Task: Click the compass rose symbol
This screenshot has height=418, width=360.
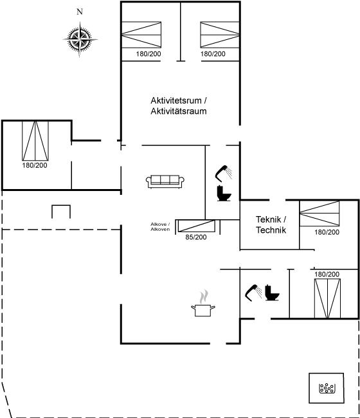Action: [80, 40]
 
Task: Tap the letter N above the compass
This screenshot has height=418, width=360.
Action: [80, 12]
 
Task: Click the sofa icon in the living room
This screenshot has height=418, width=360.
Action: [165, 181]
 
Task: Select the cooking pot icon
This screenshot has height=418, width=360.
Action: [203, 304]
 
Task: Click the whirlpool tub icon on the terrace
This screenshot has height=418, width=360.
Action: [327, 388]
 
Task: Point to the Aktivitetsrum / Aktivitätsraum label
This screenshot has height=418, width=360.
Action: [179, 106]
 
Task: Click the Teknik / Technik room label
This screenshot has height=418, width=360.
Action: [271, 224]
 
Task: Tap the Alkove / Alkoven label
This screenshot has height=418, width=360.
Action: [160, 227]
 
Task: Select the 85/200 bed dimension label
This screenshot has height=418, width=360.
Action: [196, 237]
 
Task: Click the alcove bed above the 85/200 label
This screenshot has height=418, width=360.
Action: [196, 226]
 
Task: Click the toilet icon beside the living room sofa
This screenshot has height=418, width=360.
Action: [224, 194]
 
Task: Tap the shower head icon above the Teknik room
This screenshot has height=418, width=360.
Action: [224, 174]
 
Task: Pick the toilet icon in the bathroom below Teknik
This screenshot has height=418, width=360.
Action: [272, 293]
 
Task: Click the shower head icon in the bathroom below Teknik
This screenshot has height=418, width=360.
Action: [253, 293]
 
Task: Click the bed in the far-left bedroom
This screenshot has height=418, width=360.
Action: [35, 141]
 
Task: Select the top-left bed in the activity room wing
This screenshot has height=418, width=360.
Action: [141, 35]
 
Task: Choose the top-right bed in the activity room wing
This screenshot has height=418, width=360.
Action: [220, 35]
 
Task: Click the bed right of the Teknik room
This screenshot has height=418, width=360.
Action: [319, 214]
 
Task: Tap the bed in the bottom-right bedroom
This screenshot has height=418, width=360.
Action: [327, 298]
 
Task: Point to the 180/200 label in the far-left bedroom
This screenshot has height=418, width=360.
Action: [35, 165]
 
